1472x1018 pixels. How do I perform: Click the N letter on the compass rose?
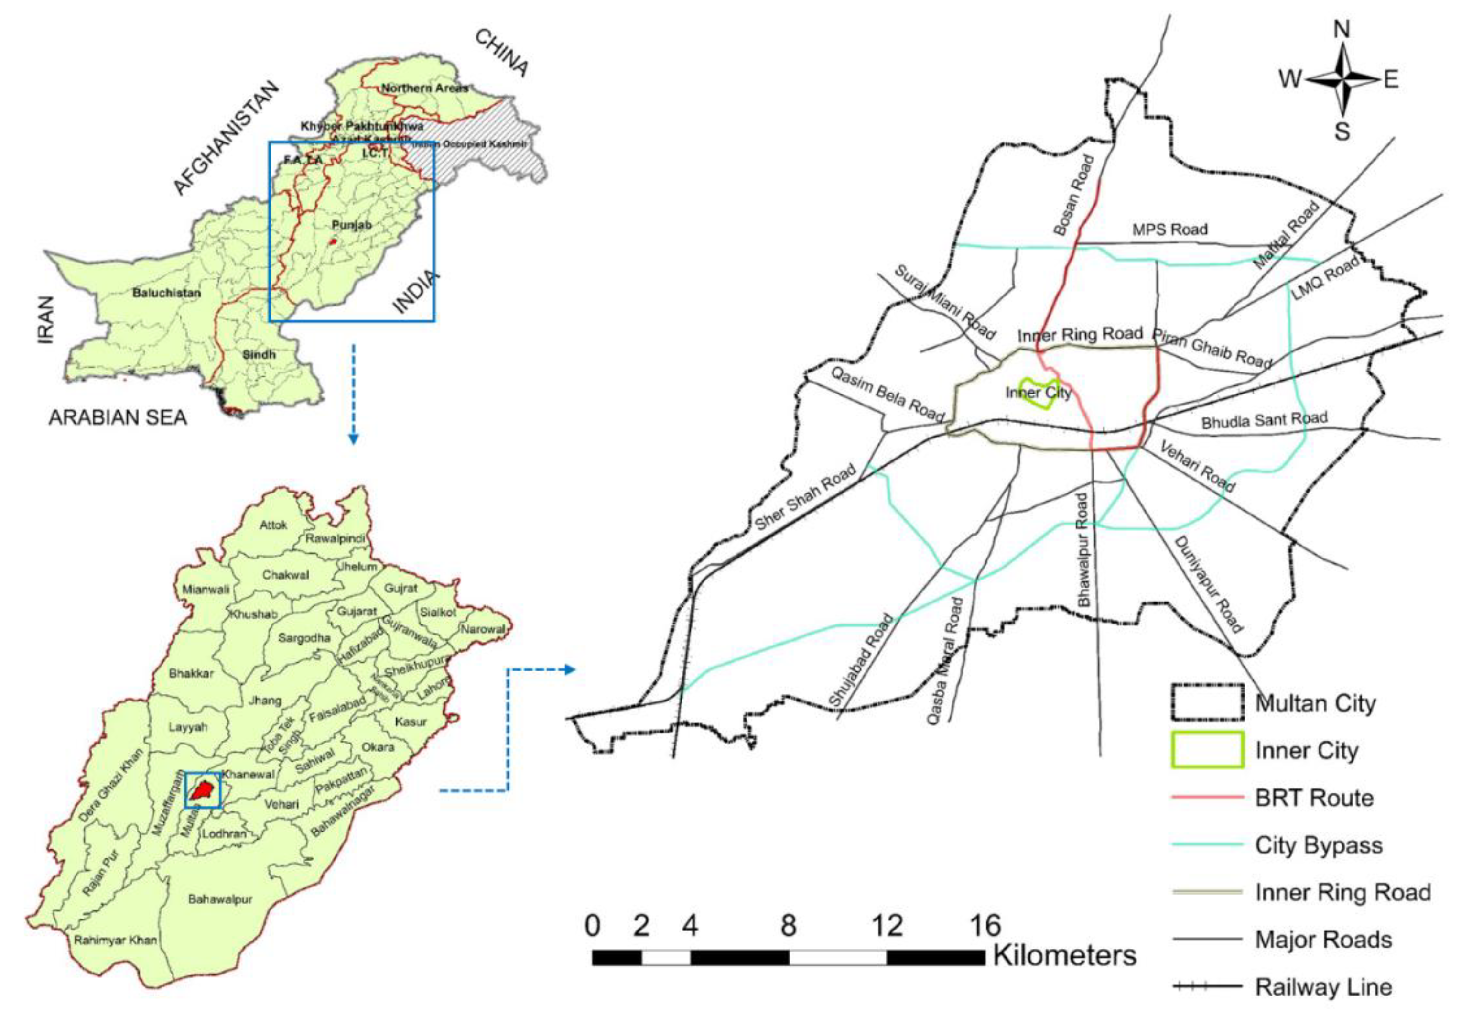(1342, 29)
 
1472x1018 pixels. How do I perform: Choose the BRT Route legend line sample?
(1208, 797)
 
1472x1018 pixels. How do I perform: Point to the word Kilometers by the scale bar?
(1064, 955)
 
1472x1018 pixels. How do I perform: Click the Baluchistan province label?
(166, 294)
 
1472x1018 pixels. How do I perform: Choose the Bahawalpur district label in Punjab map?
(220, 899)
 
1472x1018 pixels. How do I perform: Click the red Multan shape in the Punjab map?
(203, 790)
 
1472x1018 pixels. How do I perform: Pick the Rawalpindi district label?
(335, 538)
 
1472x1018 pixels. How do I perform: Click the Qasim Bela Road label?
(886, 394)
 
